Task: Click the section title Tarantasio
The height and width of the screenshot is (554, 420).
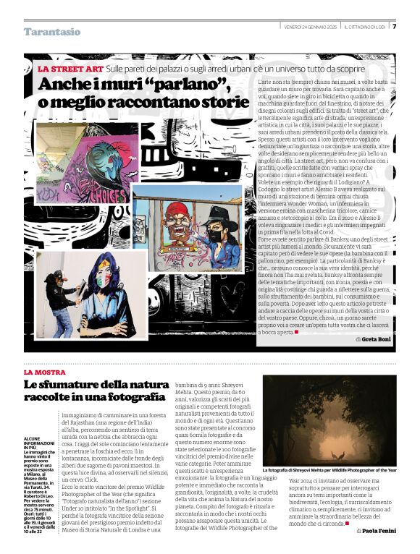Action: tap(52, 32)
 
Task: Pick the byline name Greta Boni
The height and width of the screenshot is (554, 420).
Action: tap(377, 339)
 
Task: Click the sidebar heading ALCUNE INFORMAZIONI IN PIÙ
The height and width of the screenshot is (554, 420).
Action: tap(42, 423)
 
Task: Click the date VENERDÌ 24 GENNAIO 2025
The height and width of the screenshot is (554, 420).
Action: tap(311, 27)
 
